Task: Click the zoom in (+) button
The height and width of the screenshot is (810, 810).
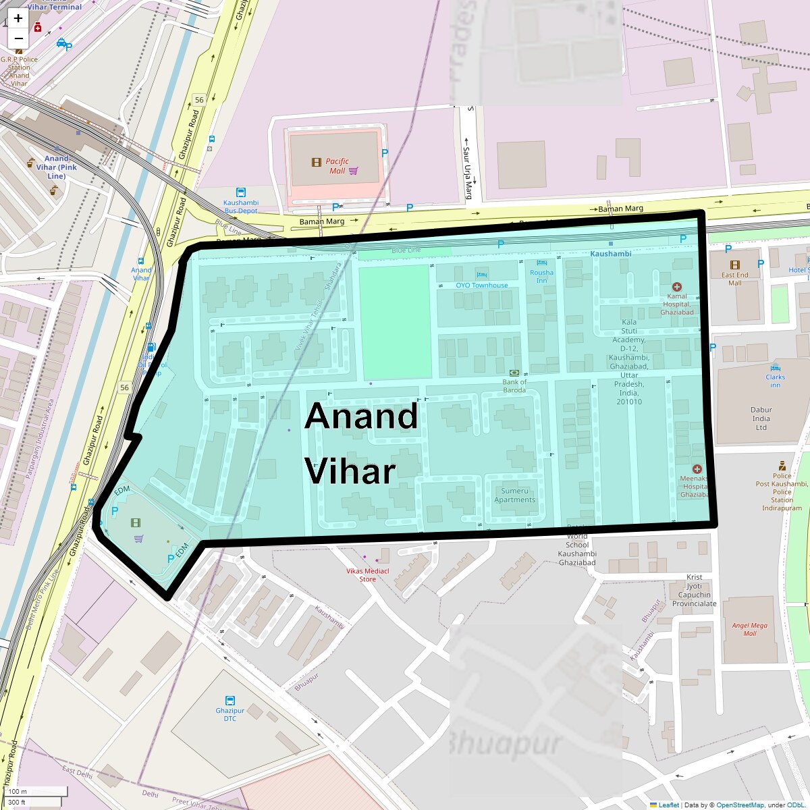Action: point(18,18)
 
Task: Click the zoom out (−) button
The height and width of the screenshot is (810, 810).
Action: point(18,38)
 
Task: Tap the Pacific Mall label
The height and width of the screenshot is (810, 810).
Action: point(337,166)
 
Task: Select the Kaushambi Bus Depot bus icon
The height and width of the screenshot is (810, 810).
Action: point(241,192)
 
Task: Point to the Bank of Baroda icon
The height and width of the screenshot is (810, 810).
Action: point(514,373)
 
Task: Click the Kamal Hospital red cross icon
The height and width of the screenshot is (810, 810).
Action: point(677,287)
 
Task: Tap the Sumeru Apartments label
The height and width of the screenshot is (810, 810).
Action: point(514,495)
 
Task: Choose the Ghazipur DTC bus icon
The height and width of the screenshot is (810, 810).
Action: point(230,701)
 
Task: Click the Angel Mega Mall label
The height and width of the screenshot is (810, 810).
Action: point(750,629)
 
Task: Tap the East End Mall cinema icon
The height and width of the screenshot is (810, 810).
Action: point(734,265)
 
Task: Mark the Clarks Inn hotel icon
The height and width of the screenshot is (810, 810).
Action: point(775,367)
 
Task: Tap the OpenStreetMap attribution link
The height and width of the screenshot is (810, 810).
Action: point(740,805)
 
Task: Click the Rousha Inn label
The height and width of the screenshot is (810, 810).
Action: point(541,277)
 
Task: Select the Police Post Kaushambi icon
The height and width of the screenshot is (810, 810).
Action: point(782,466)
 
